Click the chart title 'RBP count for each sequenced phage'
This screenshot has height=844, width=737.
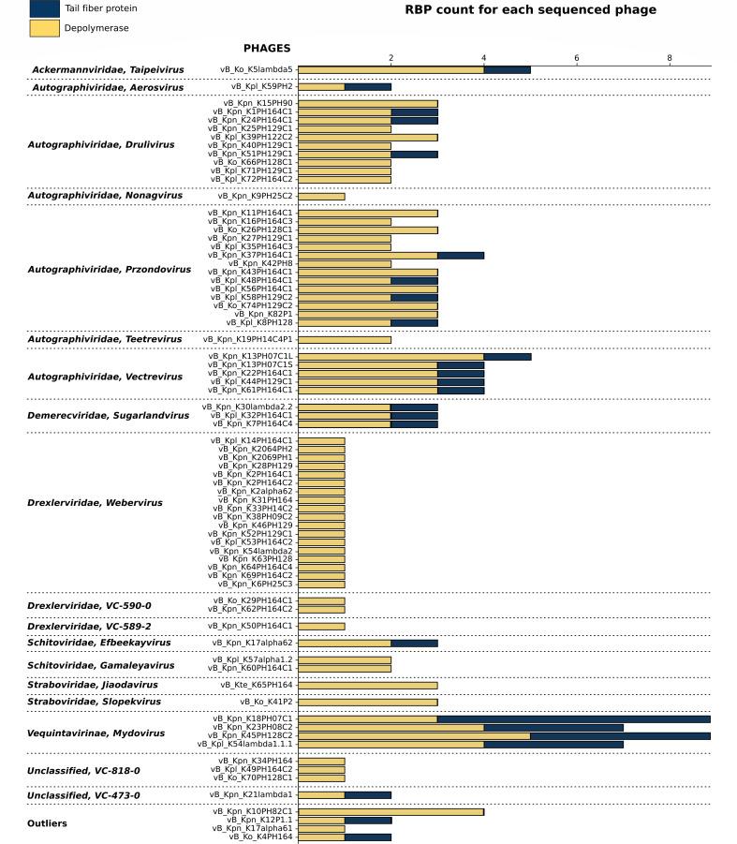pyautogui.click(x=530, y=10)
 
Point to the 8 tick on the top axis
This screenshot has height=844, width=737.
pyautogui.click(x=670, y=58)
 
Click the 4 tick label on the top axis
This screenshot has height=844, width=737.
pyautogui.click(x=484, y=58)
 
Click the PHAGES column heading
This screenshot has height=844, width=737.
pyautogui.click(x=267, y=48)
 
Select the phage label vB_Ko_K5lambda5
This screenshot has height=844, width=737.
pyautogui.click(x=257, y=69)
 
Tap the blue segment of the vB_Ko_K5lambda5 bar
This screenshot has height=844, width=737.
pyautogui.click(x=507, y=69)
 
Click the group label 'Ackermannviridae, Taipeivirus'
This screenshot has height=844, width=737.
pyautogui.click(x=108, y=70)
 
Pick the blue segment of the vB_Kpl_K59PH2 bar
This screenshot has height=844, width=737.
pyautogui.click(x=368, y=87)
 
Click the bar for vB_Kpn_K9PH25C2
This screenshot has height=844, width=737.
pyautogui.click(x=321, y=196)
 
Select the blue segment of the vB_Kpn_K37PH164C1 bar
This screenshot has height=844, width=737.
pyautogui.click(x=461, y=255)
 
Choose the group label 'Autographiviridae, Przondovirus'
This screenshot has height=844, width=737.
pyautogui.click(x=110, y=270)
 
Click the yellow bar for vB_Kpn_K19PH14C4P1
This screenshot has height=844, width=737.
pyautogui.click(x=345, y=339)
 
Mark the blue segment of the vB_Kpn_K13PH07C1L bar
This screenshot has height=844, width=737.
pyautogui.click(x=507, y=357)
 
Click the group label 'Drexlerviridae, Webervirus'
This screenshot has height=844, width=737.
pyautogui.click(x=95, y=503)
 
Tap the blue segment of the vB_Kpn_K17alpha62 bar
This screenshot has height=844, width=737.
pyautogui.click(x=414, y=644)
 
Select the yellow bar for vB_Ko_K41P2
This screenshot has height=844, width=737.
pyautogui.click(x=367, y=702)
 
